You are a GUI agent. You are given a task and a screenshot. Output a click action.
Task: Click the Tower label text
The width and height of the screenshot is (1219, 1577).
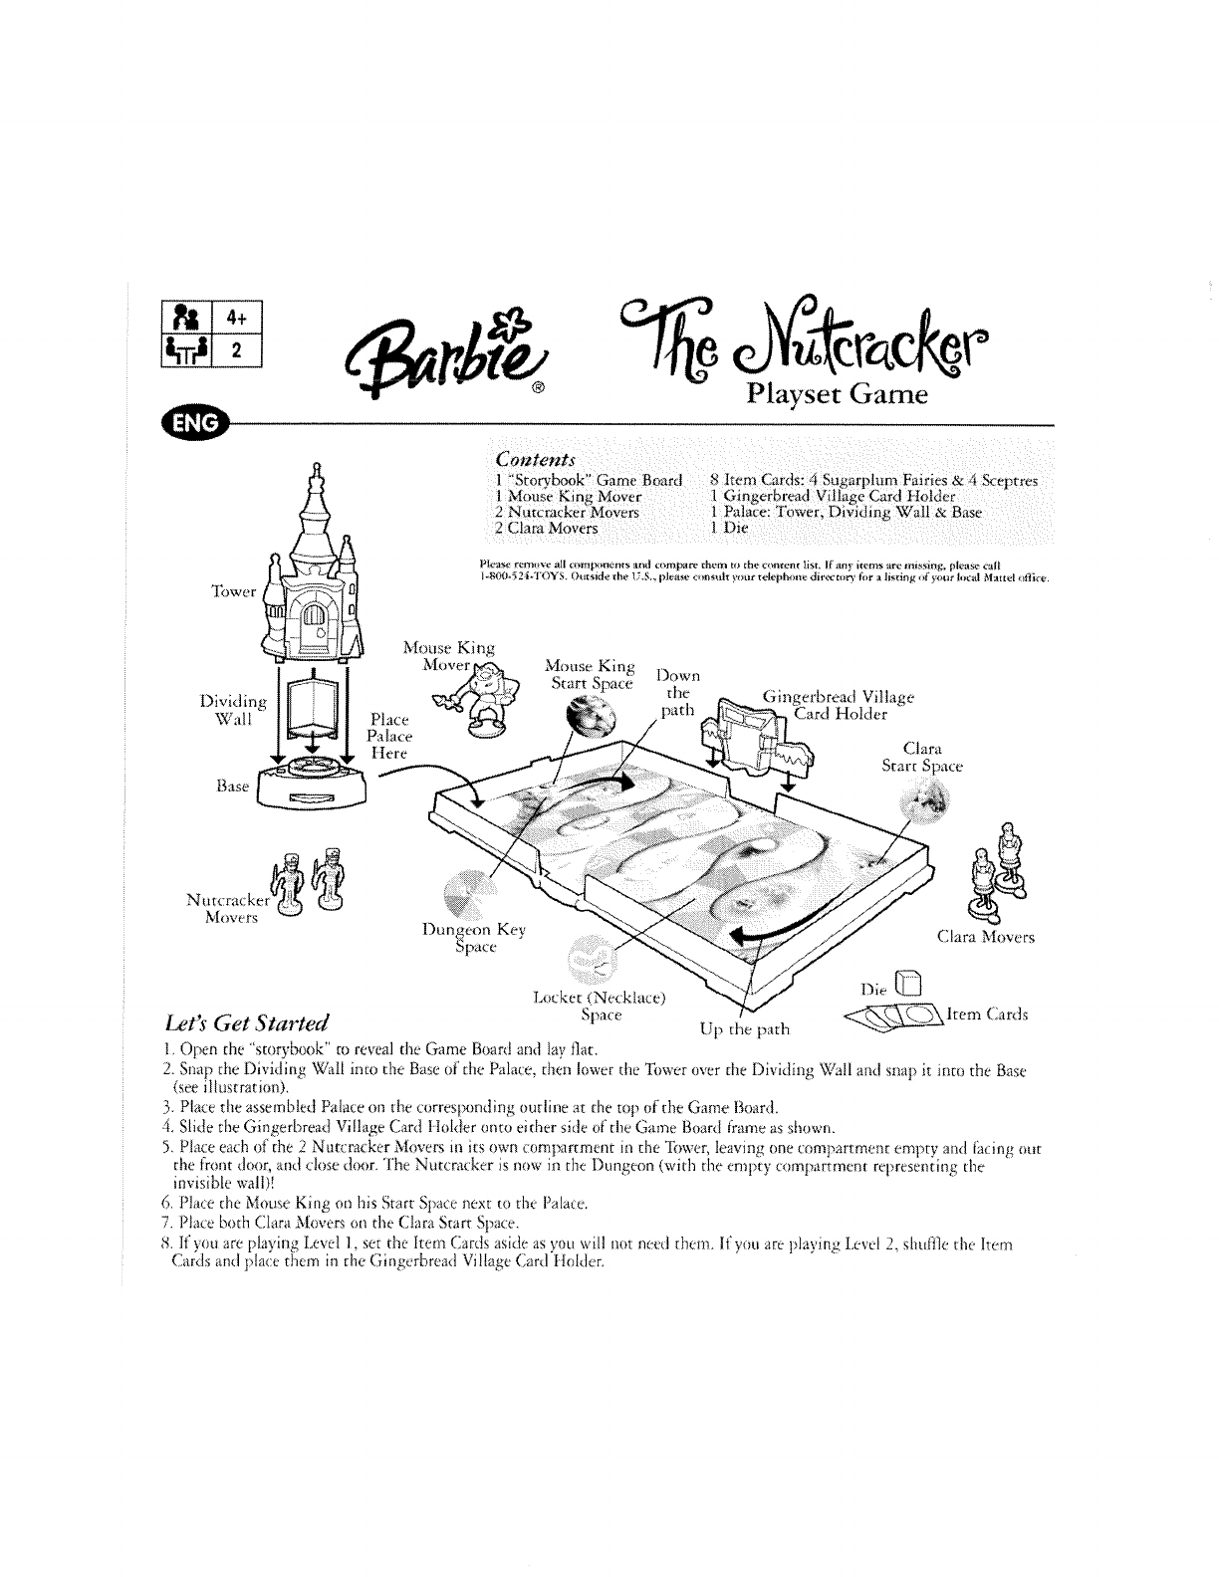coord(235,591)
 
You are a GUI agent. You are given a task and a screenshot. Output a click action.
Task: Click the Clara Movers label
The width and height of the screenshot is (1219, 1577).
coord(986,937)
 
